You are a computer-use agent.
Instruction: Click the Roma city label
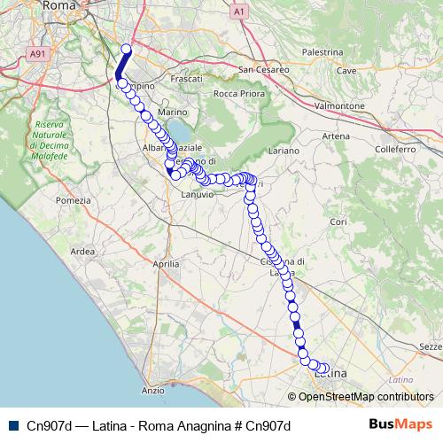click(x=84, y=5)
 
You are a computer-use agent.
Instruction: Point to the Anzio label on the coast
click(x=152, y=390)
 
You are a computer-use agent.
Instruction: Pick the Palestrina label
click(x=322, y=53)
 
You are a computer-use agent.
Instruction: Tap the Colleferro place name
click(x=395, y=150)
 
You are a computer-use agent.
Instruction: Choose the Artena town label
click(x=336, y=136)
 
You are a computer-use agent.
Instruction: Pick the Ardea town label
click(x=82, y=252)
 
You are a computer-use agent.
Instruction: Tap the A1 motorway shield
click(x=239, y=12)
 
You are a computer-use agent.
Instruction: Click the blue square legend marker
click(x=12, y=425)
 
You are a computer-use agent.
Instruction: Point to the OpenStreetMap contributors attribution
click(x=366, y=396)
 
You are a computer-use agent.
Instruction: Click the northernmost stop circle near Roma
click(x=126, y=50)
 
